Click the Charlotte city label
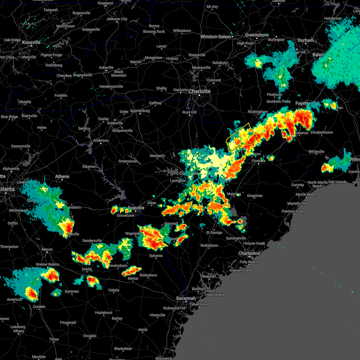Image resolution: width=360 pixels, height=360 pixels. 199,91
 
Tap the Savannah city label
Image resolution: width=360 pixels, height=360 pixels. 186,298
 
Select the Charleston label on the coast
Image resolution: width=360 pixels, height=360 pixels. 249,253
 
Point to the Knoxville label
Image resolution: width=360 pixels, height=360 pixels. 31,43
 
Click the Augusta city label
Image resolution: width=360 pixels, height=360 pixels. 136,208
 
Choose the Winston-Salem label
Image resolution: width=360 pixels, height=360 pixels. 216,37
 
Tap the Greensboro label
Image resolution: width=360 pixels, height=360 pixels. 256,35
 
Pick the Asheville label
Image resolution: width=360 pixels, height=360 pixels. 106,67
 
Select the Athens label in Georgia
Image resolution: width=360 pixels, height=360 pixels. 62,176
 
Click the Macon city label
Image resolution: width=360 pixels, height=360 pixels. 47,249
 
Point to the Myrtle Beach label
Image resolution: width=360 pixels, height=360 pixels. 306,194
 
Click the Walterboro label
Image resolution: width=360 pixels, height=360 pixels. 209,245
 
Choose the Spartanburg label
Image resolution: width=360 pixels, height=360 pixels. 140,111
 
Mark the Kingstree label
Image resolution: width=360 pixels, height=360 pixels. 255,196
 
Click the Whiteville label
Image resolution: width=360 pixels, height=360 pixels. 316,151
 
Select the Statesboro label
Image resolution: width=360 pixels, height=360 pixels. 148,275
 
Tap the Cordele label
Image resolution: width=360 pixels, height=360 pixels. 39,307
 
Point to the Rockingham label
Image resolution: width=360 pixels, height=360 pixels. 258,112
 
